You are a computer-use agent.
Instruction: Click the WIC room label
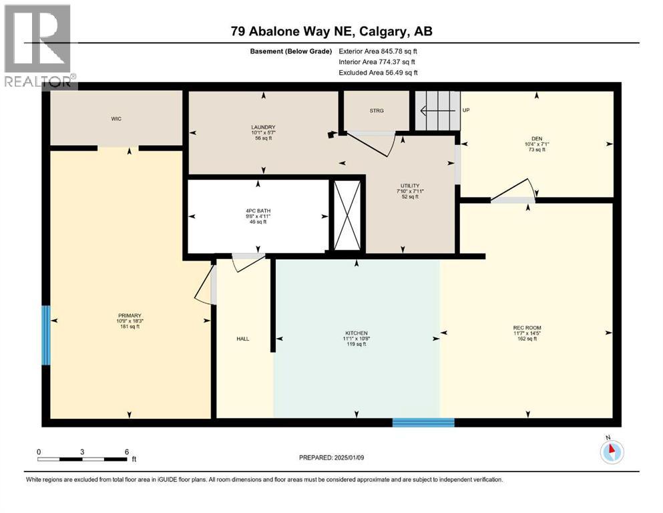(x=116, y=119)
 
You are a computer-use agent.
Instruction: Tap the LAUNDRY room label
(x=263, y=127)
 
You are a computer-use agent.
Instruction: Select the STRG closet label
(x=377, y=111)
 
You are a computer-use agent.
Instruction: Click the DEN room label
(x=537, y=138)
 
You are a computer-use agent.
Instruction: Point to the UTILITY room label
(x=410, y=186)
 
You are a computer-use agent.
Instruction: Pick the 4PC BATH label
(x=258, y=210)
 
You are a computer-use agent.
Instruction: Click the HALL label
(x=243, y=339)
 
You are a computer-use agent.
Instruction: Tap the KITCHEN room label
(x=356, y=333)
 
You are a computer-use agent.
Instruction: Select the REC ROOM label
(x=527, y=328)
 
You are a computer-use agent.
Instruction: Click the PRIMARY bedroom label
(x=130, y=315)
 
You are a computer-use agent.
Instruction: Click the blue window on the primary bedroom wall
(x=45, y=335)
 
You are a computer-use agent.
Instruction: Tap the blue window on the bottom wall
(x=423, y=423)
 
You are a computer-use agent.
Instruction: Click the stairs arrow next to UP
(x=439, y=111)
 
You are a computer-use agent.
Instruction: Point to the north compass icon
(x=612, y=452)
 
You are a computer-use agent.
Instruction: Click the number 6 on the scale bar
(x=126, y=452)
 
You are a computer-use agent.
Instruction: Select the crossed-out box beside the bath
(x=347, y=215)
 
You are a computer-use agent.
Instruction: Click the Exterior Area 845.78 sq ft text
(x=378, y=51)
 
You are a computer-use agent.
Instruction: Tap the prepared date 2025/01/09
(x=349, y=458)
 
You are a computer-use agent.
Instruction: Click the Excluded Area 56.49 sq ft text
(x=378, y=72)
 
